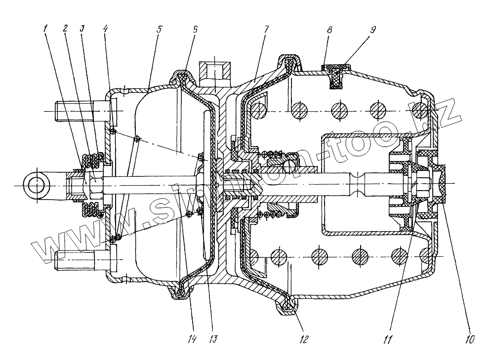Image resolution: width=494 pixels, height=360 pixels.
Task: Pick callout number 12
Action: [x=303, y=339]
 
